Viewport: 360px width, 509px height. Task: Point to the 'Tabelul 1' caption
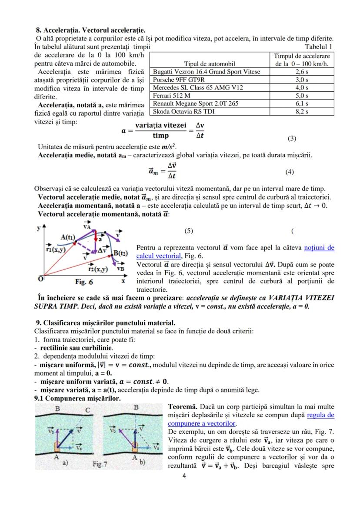319,47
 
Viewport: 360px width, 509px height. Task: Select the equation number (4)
290,172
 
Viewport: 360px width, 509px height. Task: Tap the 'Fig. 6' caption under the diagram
84,282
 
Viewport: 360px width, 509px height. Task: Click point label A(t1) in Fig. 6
68,237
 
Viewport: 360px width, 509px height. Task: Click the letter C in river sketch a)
87,409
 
